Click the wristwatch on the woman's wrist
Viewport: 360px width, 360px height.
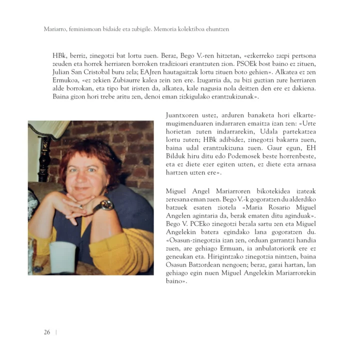(106, 205)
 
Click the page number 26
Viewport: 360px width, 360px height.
(46, 332)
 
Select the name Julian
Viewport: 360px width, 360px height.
(63, 73)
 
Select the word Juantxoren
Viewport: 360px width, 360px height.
(183, 116)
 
